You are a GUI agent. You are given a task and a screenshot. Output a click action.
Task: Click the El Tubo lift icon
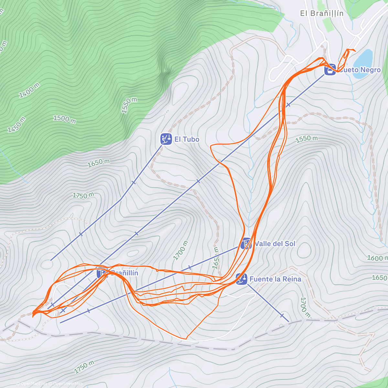click(x=166, y=139)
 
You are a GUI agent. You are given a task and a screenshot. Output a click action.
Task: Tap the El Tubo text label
click(x=187, y=139)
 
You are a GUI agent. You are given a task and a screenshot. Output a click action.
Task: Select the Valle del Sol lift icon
click(x=246, y=243)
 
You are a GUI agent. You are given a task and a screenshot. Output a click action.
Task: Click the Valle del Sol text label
click(x=275, y=244)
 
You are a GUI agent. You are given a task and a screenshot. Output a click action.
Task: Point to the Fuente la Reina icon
click(x=241, y=279)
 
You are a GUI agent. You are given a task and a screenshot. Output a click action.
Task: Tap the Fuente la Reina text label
click(x=275, y=279)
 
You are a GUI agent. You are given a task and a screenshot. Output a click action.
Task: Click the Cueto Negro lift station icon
click(x=330, y=70)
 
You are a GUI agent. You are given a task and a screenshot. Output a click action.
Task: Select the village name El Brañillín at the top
click(x=322, y=13)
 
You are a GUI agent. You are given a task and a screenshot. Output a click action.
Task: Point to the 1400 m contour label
click(x=29, y=90)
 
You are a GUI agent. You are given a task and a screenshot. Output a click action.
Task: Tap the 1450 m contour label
click(x=16, y=124)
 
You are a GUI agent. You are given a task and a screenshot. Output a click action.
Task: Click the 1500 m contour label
click(x=64, y=119)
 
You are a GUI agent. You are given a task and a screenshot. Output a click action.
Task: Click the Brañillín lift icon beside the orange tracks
click(x=102, y=273)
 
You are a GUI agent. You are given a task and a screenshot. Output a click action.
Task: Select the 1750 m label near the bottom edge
click(x=84, y=367)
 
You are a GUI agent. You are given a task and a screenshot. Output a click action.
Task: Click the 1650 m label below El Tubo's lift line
click(x=98, y=163)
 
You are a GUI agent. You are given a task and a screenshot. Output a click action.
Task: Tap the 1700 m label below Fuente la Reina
click(x=305, y=307)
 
